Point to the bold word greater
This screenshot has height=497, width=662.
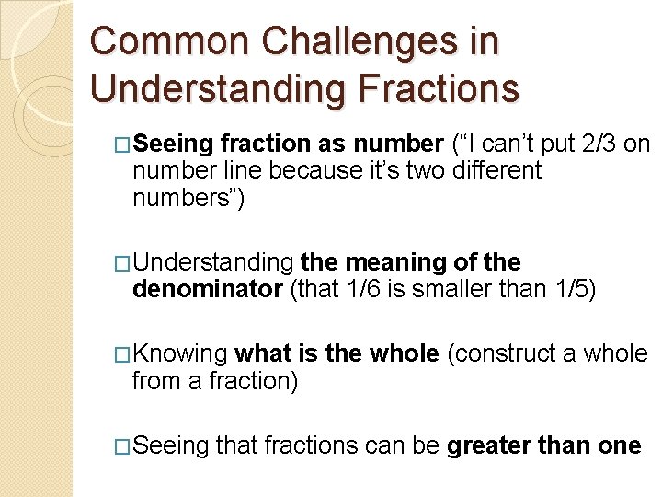click(492, 446)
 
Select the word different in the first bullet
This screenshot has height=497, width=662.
click(497, 170)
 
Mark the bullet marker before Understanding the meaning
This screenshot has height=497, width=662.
click(122, 263)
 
